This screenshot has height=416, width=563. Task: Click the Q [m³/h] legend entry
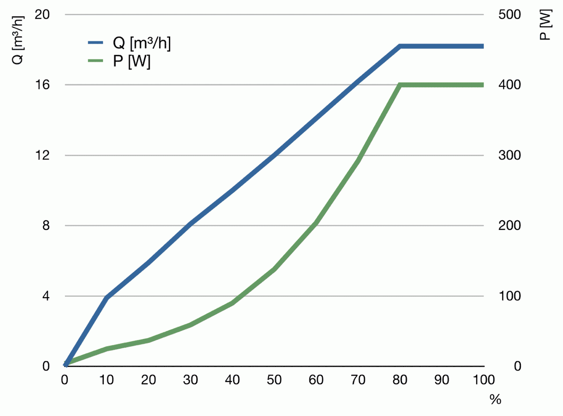(x=130, y=43)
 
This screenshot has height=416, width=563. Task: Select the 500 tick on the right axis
(x=510, y=14)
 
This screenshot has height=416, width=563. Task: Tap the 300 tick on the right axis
(x=510, y=155)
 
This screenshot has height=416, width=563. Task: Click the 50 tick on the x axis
(x=275, y=380)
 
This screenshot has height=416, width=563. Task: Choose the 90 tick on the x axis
(x=442, y=380)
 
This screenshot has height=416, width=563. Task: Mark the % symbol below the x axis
(x=495, y=399)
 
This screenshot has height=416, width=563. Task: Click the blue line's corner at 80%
(x=400, y=46)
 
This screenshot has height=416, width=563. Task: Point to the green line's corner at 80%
(x=400, y=85)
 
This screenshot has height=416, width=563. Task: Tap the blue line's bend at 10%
(x=107, y=297)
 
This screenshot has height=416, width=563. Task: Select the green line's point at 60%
(x=316, y=223)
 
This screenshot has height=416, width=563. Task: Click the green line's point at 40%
(x=233, y=303)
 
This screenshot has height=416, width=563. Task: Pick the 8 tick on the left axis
(x=46, y=226)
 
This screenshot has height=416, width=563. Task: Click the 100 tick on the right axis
(x=510, y=296)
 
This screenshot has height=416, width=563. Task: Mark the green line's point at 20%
(x=149, y=340)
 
